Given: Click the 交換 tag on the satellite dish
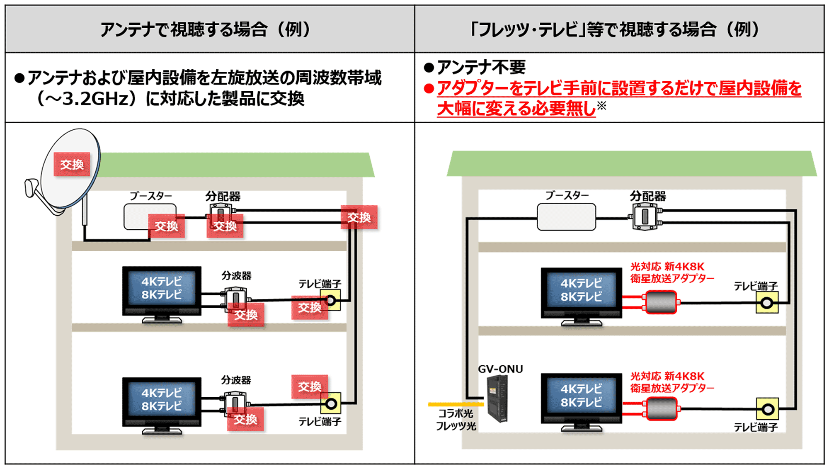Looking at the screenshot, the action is pos(72,164).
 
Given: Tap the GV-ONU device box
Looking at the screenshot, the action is pos(497,398).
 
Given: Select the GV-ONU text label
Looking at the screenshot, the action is pos(500,369).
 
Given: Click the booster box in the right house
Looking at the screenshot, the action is pos(566,216).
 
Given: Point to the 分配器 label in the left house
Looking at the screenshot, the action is pos(223,196).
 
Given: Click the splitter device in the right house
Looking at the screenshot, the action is pos(645,216).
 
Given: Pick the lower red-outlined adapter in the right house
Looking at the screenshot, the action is pos(662,408).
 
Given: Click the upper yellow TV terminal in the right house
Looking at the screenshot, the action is pos(767,303).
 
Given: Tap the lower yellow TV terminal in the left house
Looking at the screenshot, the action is pos(330,403).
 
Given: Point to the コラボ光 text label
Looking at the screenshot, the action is pos(456,413).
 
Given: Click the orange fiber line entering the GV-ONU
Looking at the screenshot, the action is pos(456,404).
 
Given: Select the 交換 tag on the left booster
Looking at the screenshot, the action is pos(166,226).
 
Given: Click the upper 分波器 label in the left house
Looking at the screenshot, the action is pos(236,275).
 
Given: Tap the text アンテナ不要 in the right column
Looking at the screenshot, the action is pos(481,67).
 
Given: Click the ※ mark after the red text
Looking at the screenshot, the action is pos(601,105).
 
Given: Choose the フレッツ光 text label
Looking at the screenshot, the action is pos(456,426).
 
